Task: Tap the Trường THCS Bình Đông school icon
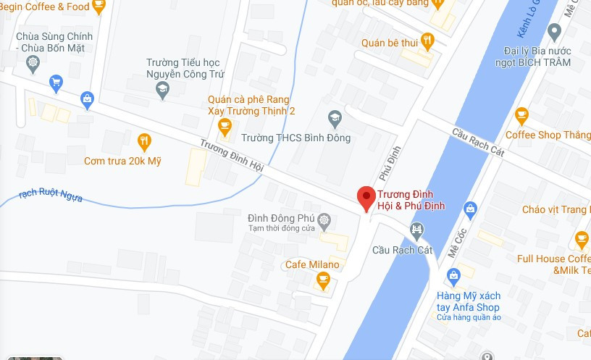coord(335,117)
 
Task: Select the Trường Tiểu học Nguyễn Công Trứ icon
coord(163,90)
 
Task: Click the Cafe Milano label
coord(311,264)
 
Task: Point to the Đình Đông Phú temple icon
coord(324,219)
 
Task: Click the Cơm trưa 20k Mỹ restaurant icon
coord(144,141)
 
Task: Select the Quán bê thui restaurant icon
coord(427,41)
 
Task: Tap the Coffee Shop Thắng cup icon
coord(521,115)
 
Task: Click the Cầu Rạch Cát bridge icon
coord(417,231)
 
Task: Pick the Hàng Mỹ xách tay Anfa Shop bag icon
coord(453,275)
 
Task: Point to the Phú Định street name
coord(389,164)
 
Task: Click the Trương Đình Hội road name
coord(231,156)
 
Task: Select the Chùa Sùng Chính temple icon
coord(33,63)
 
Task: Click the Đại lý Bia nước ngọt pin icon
coord(555,32)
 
